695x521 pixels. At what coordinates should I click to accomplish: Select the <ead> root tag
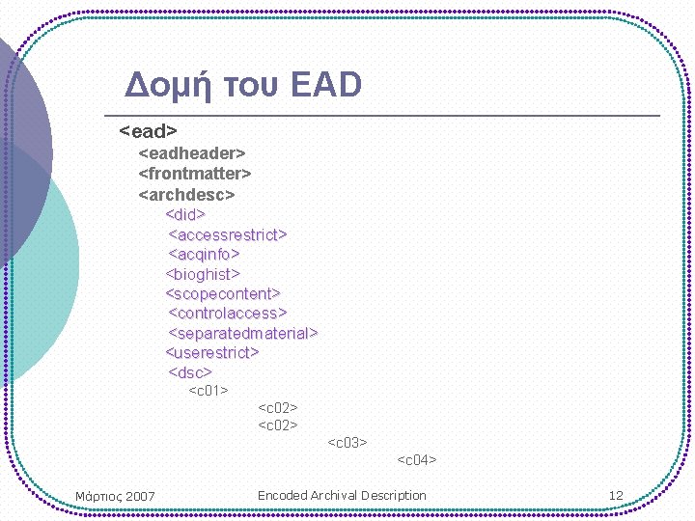click(x=148, y=130)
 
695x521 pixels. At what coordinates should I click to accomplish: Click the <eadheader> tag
click(x=192, y=153)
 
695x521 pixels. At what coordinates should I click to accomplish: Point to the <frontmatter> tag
click(x=195, y=174)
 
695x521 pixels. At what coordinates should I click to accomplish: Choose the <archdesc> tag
click(x=187, y=194)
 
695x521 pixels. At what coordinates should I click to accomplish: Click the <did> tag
click(x=185, y=214)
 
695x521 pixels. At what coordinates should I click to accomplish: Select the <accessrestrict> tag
click(x=228, y=234)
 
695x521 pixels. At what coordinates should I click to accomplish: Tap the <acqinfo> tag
click(x=204, y=254)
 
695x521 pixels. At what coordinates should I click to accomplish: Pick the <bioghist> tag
click(x=203, y=274)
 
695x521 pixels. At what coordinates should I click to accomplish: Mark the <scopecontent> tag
click(x=223, y=293)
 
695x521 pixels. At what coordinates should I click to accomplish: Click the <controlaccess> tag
click(x=228, y=313)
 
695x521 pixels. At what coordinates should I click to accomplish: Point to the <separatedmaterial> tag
click(x=243, y=333)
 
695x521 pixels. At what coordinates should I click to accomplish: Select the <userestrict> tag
click(x=212, y=352)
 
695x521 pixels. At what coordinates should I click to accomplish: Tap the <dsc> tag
click(x=190, y=372)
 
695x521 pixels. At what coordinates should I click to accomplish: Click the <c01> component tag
click(x=208, y=391)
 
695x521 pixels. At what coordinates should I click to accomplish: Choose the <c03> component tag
click(x=347, y=443)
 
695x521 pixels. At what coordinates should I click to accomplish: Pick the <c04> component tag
click(x=417, y=460)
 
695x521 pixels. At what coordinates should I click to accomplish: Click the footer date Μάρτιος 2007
click(x=115, y=496)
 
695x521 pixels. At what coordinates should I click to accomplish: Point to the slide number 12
click(x=616, y=496)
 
